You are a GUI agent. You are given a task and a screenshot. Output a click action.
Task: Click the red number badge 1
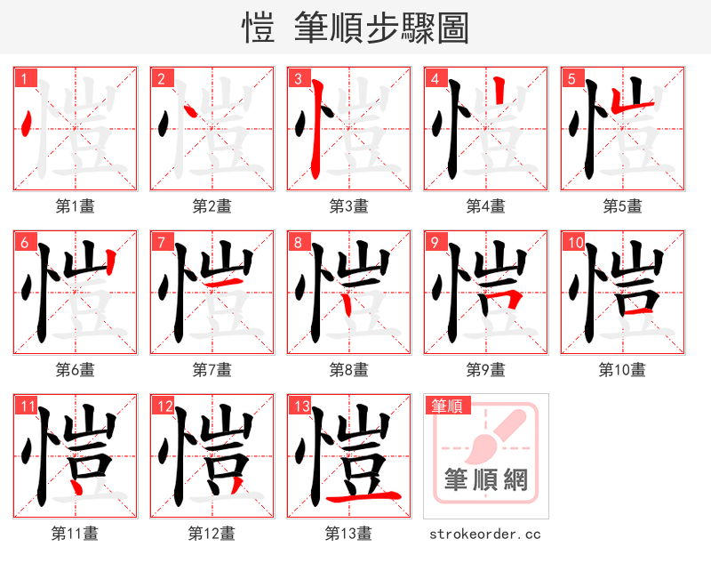24,79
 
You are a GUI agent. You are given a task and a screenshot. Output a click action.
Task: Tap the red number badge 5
571,79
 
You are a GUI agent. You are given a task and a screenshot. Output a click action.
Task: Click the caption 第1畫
76,206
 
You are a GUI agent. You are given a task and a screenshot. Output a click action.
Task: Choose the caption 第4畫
486,206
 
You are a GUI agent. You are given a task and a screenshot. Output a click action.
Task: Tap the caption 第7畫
212,369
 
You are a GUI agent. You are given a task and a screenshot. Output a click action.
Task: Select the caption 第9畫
486,369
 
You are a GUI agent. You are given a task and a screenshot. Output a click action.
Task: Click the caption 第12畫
212,534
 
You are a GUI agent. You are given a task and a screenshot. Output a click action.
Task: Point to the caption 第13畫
348,534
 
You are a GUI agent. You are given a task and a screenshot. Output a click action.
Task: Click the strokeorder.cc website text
485,535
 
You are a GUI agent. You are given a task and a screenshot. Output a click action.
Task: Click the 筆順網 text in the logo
486,480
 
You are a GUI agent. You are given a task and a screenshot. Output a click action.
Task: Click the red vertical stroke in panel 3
316,129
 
